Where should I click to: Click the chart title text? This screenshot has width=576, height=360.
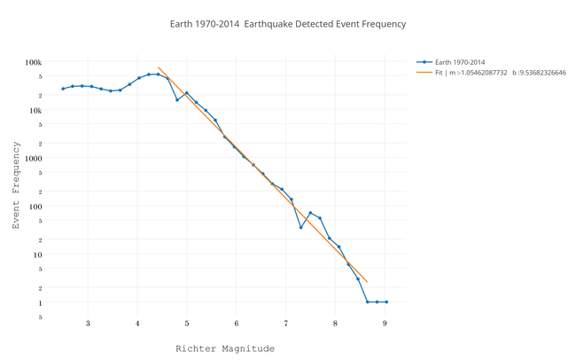tap(287, 24)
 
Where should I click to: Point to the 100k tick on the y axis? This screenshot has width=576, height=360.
tap(33, 62)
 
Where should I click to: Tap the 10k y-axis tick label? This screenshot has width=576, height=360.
tap(35, 110)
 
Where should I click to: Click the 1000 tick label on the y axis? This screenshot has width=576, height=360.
tap(33, 158)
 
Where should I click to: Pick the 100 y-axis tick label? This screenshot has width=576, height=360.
tap(35, 206)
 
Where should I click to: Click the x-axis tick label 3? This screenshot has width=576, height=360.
tap(88, 324)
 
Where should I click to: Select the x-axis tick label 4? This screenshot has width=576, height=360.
tap(137, 324)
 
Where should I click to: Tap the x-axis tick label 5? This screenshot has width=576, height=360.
tap(187, 324)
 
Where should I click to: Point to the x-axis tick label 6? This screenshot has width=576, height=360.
tap(237, 324)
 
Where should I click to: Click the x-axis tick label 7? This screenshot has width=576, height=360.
tap(285, 324)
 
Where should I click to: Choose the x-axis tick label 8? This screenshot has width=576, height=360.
tap(335, 324)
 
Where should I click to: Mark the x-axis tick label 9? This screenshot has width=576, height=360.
tap(385, 324)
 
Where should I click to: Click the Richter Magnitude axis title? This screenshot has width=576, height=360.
tap(224, 348)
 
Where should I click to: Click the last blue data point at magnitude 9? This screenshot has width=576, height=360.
tap(386, 302)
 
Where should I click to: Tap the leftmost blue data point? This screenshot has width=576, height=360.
tap(63, 89)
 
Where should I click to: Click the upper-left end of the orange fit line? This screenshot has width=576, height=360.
tap(158, 67)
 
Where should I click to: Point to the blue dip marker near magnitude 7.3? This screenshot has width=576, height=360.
tap(301, 228)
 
